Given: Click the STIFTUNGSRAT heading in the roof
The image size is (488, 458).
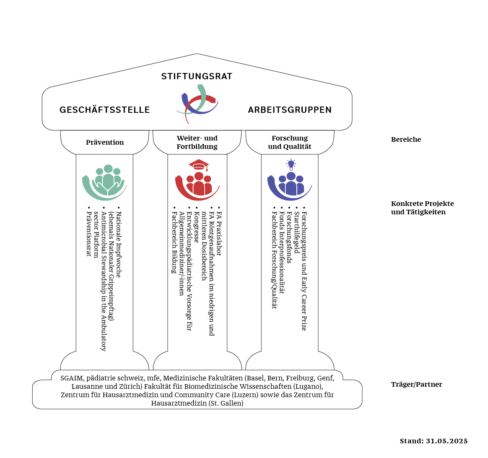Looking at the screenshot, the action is point(197,76).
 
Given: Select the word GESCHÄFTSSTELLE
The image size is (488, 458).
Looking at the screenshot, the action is point(104,109).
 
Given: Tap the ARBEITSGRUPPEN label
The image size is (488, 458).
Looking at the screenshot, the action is point(290,110).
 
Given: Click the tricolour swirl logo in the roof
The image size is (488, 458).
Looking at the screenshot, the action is point(197,104).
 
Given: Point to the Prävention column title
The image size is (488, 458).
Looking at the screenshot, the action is point(105,142).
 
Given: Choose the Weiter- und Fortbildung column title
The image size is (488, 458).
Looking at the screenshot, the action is point(197,142).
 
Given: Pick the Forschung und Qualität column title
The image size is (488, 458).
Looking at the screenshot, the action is point(290,142).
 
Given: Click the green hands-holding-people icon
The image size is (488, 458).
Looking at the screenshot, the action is point(104,182).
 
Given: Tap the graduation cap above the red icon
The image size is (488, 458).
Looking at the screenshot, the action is point(199,165).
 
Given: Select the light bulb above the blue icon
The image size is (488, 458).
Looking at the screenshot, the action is point(291,164).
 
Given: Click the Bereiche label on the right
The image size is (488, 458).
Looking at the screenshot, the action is point(406,140).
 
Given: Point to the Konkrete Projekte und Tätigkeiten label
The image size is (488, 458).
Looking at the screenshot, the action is point(422,208).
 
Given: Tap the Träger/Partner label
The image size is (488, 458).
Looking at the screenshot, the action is point(416,384).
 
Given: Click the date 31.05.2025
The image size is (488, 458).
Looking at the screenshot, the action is point(446,441).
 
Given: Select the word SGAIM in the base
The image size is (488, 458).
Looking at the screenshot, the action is point(72,378).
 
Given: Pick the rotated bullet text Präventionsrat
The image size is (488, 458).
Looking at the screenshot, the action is point(89,234).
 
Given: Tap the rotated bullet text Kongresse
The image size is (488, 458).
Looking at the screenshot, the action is point(196,227).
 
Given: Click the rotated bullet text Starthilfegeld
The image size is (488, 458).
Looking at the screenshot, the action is point(297,233).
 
